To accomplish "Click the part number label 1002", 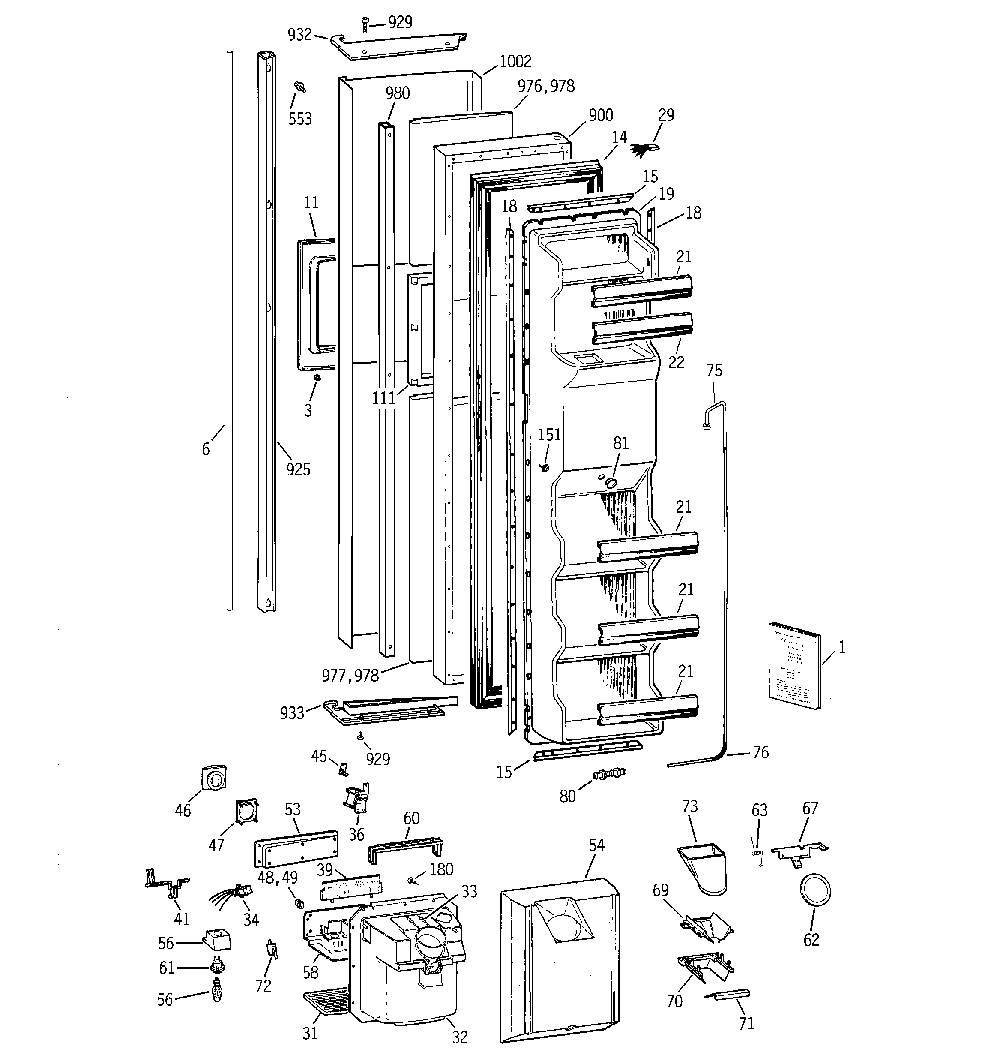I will coord(515,62).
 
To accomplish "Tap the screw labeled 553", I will coord(300,87).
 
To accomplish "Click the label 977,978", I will coord(350,676).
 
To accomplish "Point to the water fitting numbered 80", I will coord(608,773).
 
